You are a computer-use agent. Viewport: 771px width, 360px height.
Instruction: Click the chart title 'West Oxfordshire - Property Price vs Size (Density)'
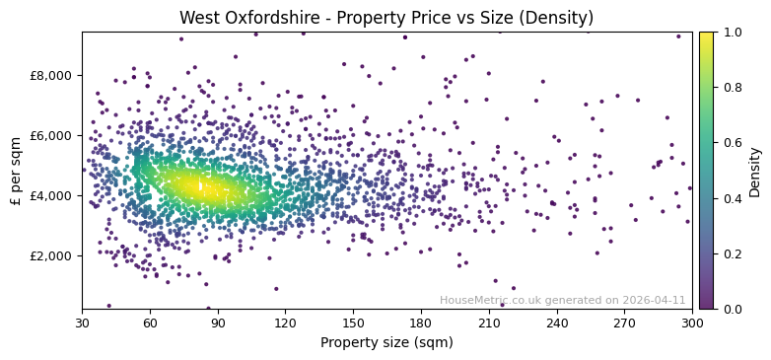tap(386, 18)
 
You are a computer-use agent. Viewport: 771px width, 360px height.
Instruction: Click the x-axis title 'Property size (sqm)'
tap(386, 343)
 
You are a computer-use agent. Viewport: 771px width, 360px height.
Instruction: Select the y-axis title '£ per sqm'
tap(16, 171)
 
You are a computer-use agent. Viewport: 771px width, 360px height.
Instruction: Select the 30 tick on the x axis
tap(82, 323)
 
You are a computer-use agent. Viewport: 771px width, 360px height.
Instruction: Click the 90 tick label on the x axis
tap(218, 323)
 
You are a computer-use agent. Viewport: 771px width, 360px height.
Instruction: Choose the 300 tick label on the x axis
tap(692, 323)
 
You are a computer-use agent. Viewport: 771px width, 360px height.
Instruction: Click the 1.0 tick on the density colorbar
tap(731, 32)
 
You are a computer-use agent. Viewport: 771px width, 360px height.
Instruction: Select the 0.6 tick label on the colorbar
tap(731, 143)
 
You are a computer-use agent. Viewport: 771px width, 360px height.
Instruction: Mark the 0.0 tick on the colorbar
tap(731, 309)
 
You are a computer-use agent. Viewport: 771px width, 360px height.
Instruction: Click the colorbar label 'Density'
tap(755, 171)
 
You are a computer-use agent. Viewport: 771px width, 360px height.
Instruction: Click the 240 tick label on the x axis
tap(557, 323)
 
